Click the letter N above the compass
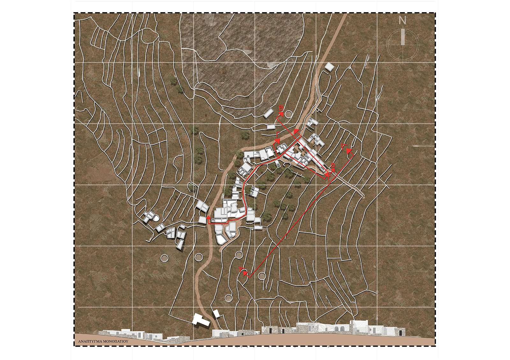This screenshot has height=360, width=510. point(403,21)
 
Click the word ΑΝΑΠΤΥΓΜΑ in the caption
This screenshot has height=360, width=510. point(90,341)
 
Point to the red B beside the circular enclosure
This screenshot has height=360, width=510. point(281,109)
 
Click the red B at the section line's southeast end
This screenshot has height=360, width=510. point(333,165)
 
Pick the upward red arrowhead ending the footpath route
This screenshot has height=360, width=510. point(208,218)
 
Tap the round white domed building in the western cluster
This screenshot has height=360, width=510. point(156,218)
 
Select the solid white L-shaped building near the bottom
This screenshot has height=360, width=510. point(201,320)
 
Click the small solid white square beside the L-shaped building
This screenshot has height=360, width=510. point(217,313)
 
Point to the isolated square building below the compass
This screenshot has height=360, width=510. point(329,67)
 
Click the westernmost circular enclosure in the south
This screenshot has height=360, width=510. point(164,258)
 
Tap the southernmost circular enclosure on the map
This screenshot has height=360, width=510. point(229,298)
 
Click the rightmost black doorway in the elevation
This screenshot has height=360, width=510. point(400,333)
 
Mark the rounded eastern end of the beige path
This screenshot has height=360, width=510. point(363,196)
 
